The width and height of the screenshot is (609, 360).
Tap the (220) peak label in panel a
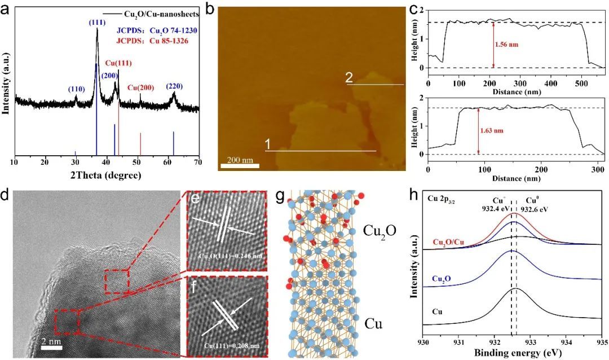point(174,86)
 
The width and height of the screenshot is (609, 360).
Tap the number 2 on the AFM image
point(349,80)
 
